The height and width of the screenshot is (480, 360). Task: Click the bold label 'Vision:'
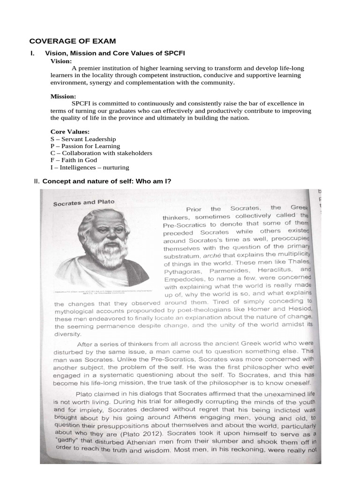click(61, 61)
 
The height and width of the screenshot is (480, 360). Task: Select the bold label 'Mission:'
click(63, 96)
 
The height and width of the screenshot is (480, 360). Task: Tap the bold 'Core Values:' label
click(70, 132)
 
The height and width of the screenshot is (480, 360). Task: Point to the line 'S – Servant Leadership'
click(83, 139)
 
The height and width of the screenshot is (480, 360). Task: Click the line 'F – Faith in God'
click(74, 160)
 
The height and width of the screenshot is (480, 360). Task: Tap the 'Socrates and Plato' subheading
click(83, 203)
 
